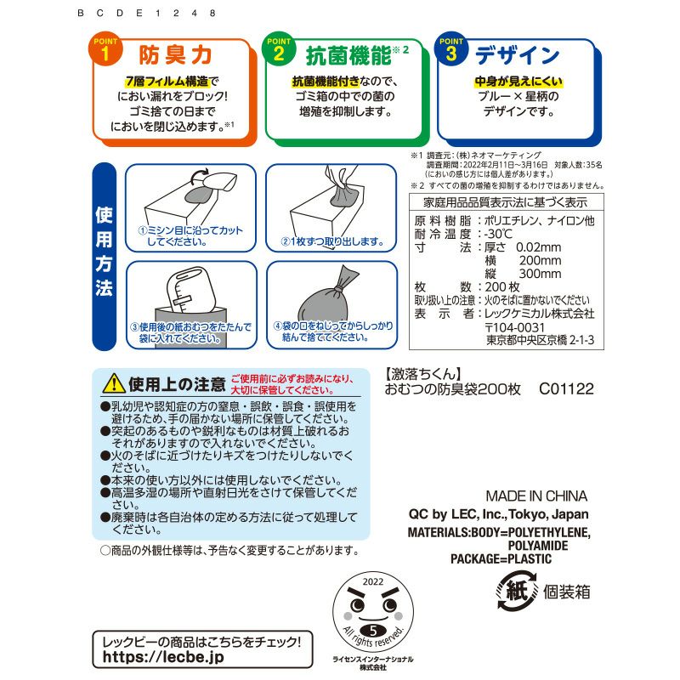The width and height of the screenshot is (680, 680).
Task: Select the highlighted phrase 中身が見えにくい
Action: click(x=518, y=82)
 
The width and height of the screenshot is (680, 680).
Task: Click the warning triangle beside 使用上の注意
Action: click(x=113, y=383)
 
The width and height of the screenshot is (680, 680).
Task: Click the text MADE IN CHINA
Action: click(x=535, y=496)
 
